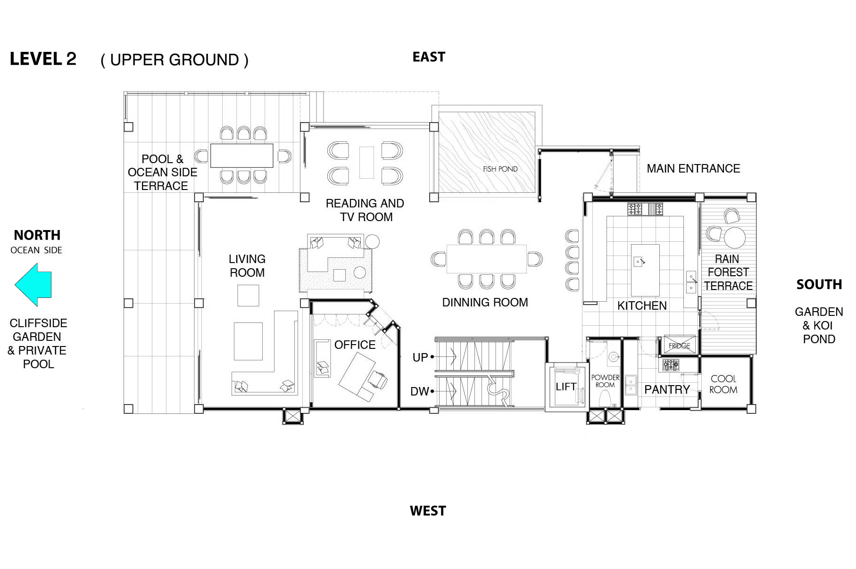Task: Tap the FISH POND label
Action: click(500, 169)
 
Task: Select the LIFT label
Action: click(565, 387)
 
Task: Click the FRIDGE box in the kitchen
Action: click(679, 345)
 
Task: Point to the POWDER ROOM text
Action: click(605, 381)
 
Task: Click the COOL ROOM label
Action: click(723, 384)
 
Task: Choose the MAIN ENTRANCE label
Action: click(693, 168)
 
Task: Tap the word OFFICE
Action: click(355, 345)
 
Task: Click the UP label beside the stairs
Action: click(420, 357)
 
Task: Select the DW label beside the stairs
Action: click(420, 391)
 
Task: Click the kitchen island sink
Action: click(638, 261)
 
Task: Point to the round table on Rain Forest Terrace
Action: click(734, 237)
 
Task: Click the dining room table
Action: click(487, 259)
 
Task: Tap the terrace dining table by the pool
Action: click(242, 155)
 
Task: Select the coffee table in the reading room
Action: click(366, 163)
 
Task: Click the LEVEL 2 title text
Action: click(43, 59)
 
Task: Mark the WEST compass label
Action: click(428, 511)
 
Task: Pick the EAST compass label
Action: click(429, 57)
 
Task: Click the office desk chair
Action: click(378, 379)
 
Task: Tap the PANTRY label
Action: click(667, 389)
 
